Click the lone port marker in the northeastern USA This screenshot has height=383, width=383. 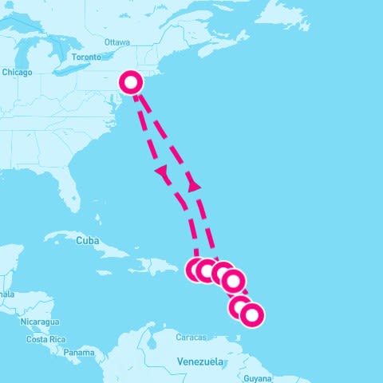(131, 81)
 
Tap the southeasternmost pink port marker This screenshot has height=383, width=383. (251, 315)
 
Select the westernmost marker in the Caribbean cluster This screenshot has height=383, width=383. (197, 270)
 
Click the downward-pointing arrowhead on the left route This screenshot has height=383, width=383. (162, 172)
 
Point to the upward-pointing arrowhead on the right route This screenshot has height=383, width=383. (193, 185)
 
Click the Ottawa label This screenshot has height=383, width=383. (116, 41)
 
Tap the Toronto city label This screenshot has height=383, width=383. (85, 57)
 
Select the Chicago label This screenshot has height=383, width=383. (17, 73)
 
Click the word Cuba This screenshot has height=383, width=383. (87, 240)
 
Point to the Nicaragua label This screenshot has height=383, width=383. (41, 322)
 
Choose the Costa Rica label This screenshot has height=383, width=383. (45, 339)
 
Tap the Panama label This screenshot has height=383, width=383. (79, 352)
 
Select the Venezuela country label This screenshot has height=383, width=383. (200, 361)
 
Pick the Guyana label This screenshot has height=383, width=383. (258, 378)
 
